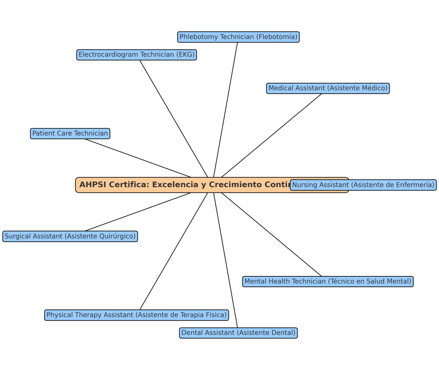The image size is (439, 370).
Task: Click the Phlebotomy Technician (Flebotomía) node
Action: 238,37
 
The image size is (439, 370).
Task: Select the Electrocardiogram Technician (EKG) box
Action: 136,55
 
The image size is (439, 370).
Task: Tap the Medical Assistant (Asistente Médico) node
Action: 328,88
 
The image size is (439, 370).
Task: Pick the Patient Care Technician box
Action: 70,133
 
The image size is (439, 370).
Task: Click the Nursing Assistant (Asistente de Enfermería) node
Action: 363,185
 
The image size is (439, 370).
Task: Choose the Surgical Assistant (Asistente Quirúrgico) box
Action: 70,236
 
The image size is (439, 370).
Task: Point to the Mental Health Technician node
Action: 328,282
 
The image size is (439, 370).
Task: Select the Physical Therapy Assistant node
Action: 136,315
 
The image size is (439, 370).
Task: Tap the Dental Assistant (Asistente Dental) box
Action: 238,333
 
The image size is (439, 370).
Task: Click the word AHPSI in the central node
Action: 92,185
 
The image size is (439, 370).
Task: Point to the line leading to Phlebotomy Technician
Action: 226,107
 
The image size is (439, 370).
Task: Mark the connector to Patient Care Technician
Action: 137,158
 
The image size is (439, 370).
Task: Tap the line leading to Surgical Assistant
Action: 137,212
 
